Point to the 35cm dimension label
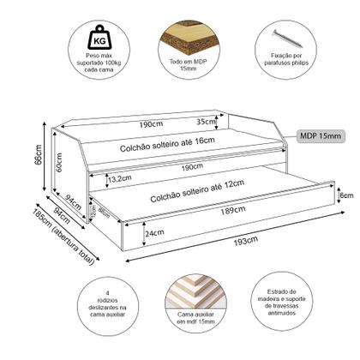(207, 121)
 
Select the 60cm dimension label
(58, 164)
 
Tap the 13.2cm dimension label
(120, 179)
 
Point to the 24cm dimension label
(154, 233)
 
